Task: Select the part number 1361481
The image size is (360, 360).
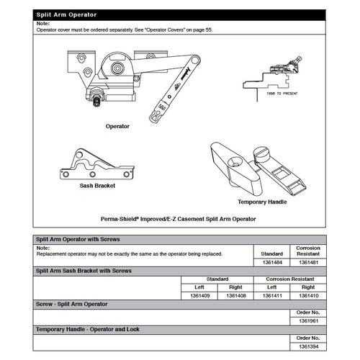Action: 308,263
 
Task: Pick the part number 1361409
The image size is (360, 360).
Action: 199,294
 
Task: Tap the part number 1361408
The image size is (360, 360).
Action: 237,294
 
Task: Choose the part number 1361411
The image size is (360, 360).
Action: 273,294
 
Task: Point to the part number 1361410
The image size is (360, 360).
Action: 308,294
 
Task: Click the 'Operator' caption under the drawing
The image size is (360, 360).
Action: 117,126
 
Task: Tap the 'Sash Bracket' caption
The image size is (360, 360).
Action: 97,186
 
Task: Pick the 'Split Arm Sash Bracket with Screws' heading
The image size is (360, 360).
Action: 84,271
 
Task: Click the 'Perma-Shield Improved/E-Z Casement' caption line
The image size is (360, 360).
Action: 179,217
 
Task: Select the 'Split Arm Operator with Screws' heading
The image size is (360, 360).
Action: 78,239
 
